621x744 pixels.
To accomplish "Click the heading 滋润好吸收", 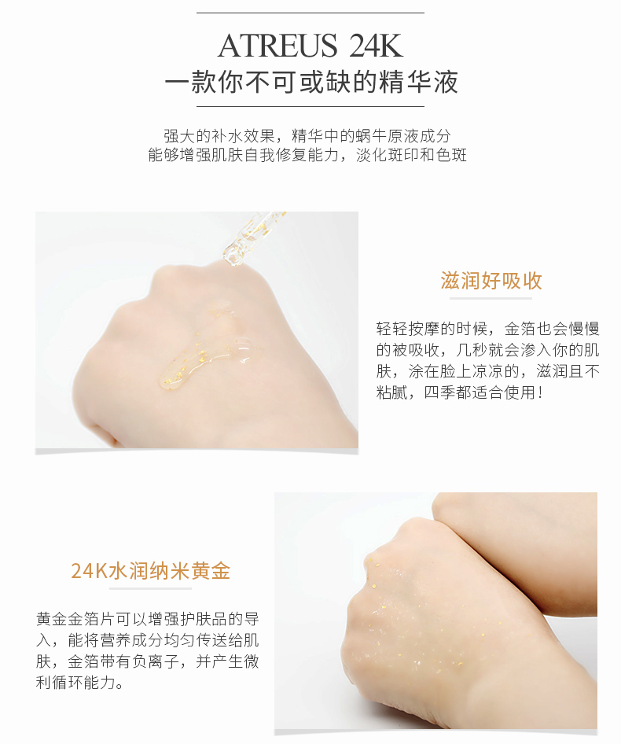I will click(491, 282).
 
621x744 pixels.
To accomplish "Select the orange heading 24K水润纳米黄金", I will click(150, 571).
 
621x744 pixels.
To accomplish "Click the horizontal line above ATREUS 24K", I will click(310, 13).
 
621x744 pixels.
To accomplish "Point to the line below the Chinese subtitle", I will click(310, 106).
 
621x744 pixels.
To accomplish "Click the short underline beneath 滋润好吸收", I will click(491, 299).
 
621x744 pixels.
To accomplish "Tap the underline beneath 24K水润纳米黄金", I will click(150, 588).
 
